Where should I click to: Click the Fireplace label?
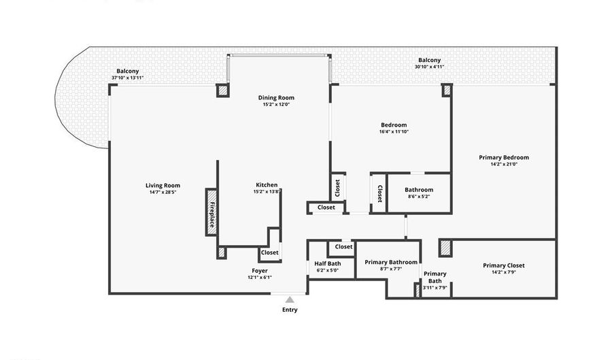pyautogui.click(x=212, y=214)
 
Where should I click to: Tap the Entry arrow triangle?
pyautogui.click(x=290, y=299)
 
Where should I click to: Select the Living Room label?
pyautogui.click(x=163, y=186)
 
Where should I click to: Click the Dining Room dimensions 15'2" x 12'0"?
pyautogui.click(x=276, y=104)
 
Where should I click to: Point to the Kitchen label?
pyautogui.click(x=267, y=184)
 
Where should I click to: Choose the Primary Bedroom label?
pyautogui.click(x=504, y=157)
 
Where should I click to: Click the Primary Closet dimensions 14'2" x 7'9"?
pyautogui.click(x=503, y=272)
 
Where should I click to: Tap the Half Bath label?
pyautogui.click(x=328, y=263)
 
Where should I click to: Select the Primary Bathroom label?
pyautogui.click(x=391, y=262)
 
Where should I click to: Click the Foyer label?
pyautogui.click(x=260, y=271)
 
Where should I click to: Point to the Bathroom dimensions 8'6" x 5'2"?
pyautogui.click(x=419, y=197)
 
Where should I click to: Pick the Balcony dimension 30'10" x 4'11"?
pyautogui.click(x=429, y=67)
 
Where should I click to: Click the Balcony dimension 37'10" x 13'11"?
pyautogui.click(x=128, y=78)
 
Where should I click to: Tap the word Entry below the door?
pyautogui.click(x=290, y=310)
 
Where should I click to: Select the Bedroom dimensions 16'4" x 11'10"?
pyautogui.click(x=394, y=131)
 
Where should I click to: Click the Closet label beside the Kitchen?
pyautogui.click(x=270, y=252)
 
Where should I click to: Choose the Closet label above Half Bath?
pyautogui.click(x=343, y=246)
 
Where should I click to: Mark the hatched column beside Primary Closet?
pyautogui.click(x=445, y=248)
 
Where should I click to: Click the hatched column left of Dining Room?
pyautogui.click(x=222, y=91)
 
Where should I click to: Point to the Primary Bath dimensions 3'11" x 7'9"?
pyautogui.click(x=435, y=288)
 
